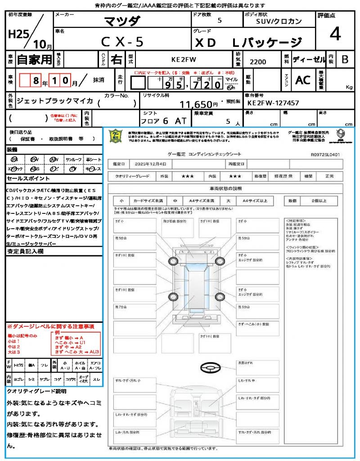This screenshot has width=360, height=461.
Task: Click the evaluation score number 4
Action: (x=334, y=35)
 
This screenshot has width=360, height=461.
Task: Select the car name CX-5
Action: (x=122, y=42)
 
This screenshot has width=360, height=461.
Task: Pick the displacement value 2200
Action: (x=258, y=62)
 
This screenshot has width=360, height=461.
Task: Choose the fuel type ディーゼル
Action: (x=309, y=59)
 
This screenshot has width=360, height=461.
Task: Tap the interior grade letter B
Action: (x=345, y=59)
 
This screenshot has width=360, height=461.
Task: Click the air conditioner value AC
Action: (x=303, y=80)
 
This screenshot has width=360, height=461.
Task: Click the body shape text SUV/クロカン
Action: (x=279, y=21)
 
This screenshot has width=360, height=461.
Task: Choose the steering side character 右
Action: (x=116, y=59)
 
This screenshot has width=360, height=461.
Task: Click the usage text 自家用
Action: (x=35, y=59)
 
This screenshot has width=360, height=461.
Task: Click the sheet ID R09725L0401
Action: (x=325, y=154)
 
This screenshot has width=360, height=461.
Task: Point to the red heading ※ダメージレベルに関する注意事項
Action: (x=50, y=326)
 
